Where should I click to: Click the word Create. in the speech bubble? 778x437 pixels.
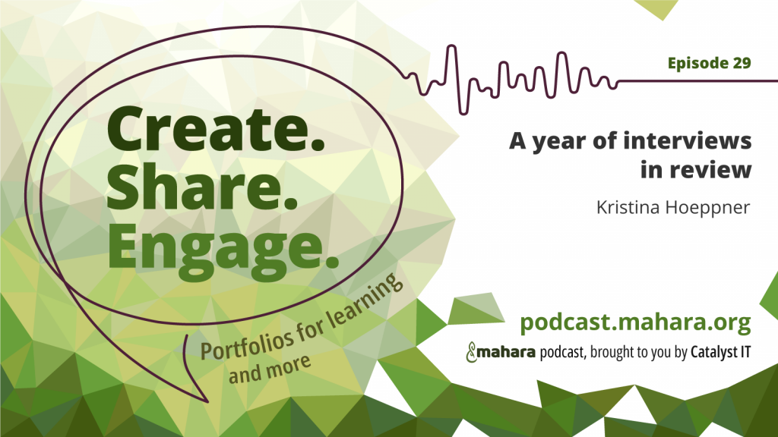[x=216, y=129]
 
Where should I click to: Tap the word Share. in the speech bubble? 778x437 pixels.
[x=202, y=187]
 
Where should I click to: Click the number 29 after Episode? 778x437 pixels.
[x=742, y=63]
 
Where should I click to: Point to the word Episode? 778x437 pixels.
[x=697, y=64]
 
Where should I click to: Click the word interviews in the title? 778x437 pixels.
[x=688, y=140]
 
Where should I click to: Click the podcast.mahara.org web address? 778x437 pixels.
[x=636, y=323]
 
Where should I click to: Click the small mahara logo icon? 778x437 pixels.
[x=471, y=352]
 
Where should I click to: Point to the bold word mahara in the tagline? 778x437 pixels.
[x=507, y=352]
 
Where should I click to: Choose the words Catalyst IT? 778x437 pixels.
[x=720, y=352]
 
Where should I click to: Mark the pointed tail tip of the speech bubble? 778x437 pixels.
[x=207, y=402]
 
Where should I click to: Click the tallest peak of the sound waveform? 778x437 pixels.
[x=451, y=46]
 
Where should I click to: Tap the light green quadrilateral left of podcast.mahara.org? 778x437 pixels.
[x=476, y=308]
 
